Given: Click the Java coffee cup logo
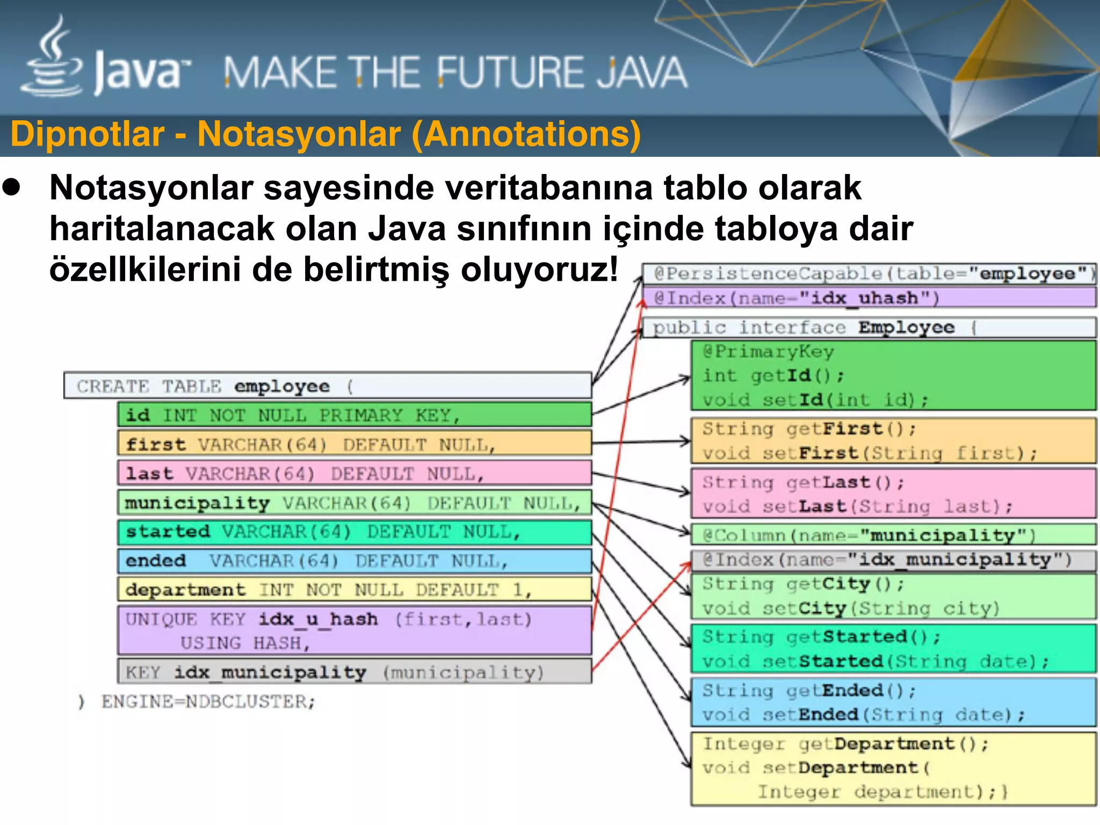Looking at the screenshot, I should pyautogui.click(x=51, y=59).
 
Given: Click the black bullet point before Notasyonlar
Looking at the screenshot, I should pyautogui.click(x=11, y=187).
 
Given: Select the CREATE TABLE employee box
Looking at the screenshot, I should pyautogui.click(x=328, y=386).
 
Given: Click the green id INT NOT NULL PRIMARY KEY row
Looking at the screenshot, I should pyautogui.click(x=354, y=415).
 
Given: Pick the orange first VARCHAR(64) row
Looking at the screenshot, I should pyautogui.click(x=354, y=444).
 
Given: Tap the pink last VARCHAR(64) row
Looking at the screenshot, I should pyautogui.click(x=354, y=473).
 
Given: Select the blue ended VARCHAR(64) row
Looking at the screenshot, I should pyautogui.click(x=354, y=561).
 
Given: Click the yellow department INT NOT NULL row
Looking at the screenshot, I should pyautogui.click(x=354, y=590).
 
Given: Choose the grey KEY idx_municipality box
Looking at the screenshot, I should pyautogui.click(x=354, y=672).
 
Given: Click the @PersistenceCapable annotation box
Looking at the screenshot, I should pyautogui.click(x=869, y=273).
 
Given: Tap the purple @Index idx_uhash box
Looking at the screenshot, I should pyautogui.click(x=869, y=298).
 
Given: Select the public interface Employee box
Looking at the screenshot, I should pyautogui.click(x=869, y=327).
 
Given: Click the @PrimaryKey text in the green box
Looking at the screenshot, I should pyautogui.click(x=768, y=351).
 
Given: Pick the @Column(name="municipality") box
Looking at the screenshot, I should pyautogui.click(x=892, y=535).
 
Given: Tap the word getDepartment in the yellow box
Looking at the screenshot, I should pyautogui.click(x=875, y=743).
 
